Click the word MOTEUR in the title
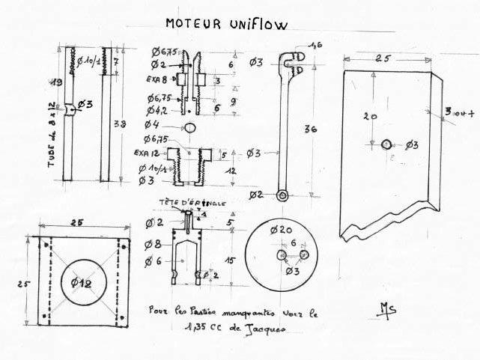[x=192, y=25]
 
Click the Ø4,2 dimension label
[x=162, y=109]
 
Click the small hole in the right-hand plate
[x=386, y=144]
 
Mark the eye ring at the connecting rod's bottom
[x=282, y=195]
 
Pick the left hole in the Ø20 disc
[x=281, y=255]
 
